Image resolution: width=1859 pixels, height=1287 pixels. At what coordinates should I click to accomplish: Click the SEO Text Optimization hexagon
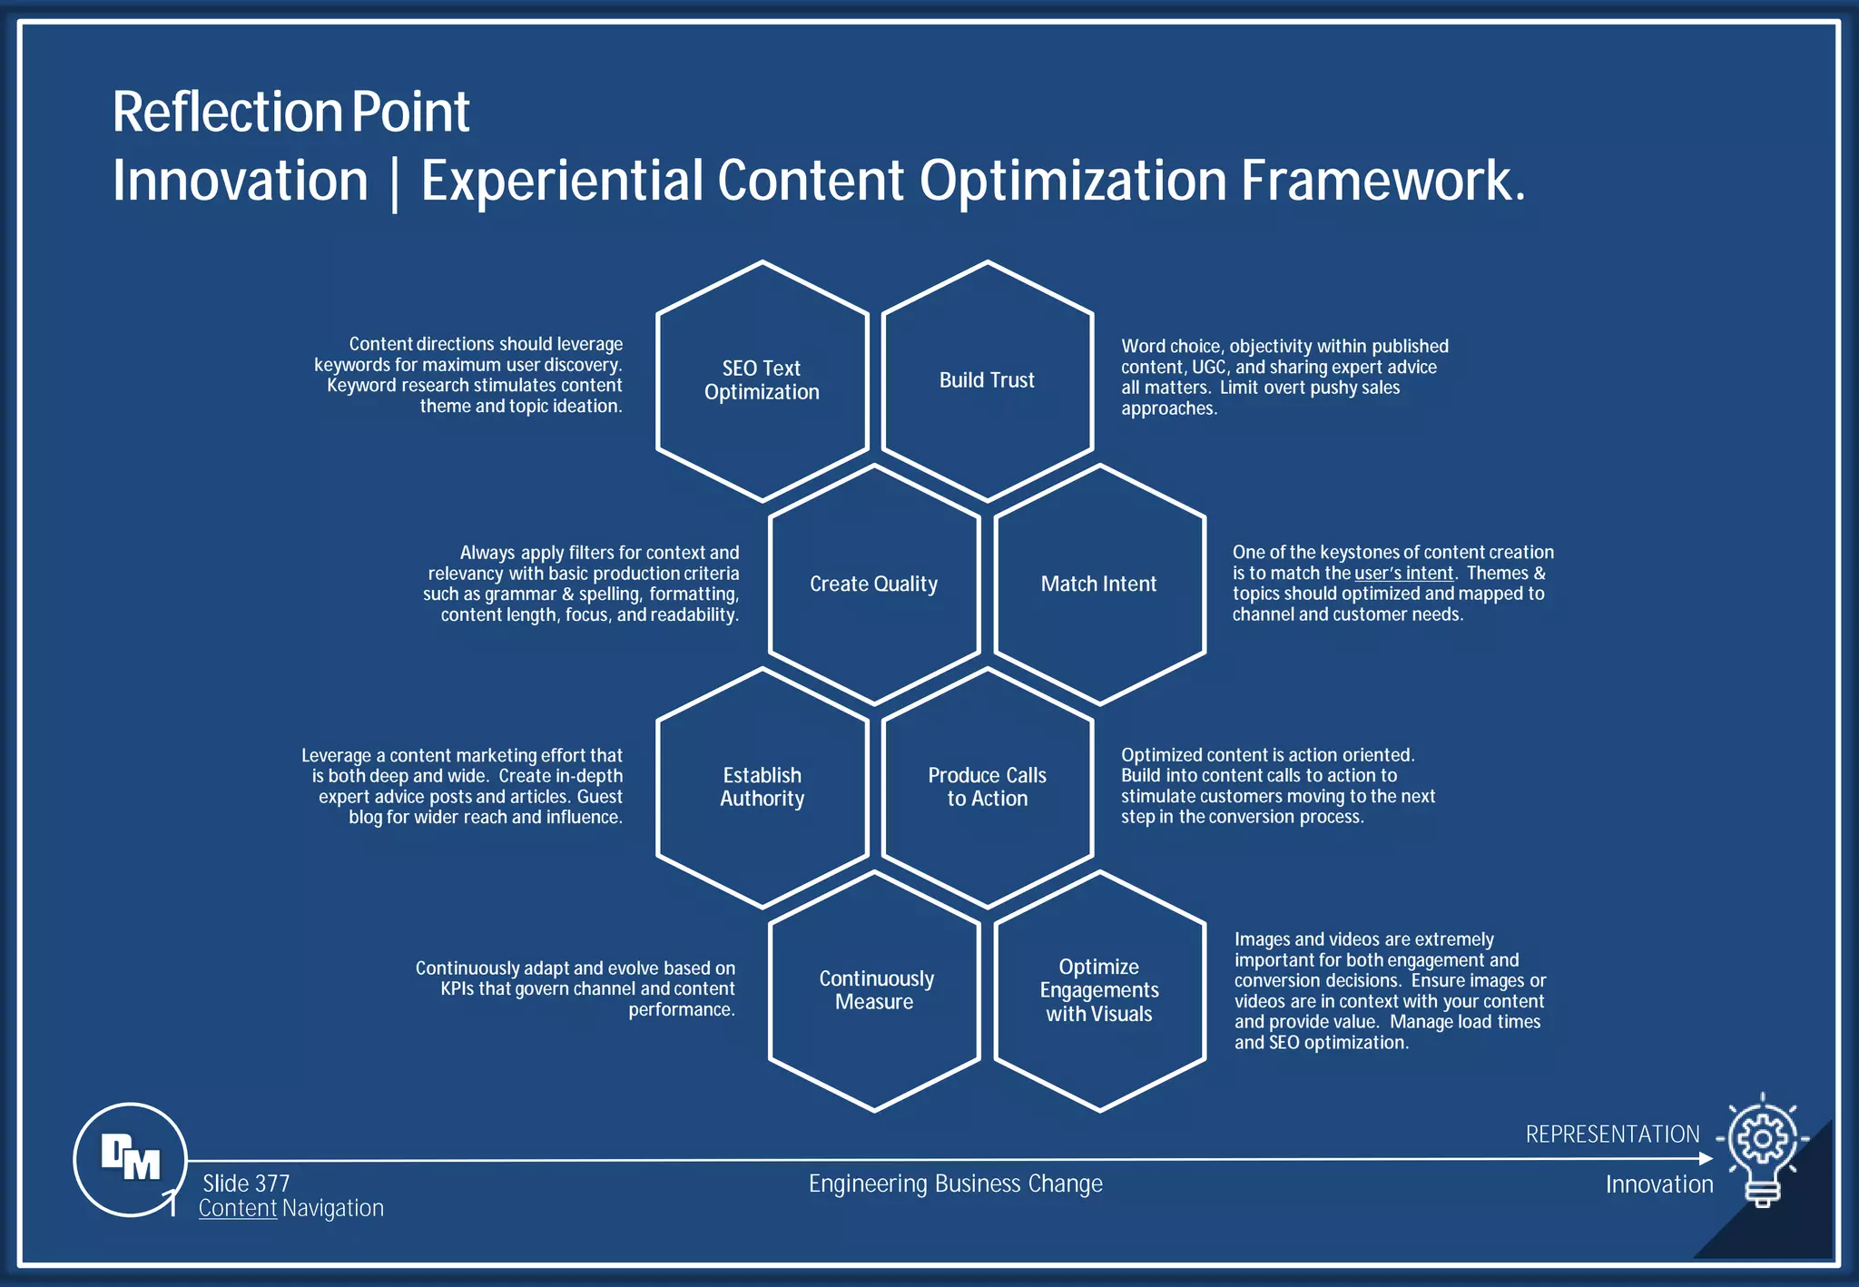(762, 381)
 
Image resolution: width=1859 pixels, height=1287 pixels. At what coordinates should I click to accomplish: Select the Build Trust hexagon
(987, 381)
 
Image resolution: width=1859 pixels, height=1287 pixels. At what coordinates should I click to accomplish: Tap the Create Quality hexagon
(873, 585)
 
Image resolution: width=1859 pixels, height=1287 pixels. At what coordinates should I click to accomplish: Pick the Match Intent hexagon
(1099, 585)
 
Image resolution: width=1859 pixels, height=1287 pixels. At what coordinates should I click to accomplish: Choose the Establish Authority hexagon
(762, 788)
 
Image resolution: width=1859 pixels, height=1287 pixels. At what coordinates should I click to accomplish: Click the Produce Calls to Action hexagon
(987, 788)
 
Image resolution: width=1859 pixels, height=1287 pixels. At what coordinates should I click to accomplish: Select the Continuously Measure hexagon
(874, 991)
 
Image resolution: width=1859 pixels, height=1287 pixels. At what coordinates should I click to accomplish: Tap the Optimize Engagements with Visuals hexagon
(1099, 991)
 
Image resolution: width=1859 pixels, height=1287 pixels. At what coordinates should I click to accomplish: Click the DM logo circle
(130, 1159)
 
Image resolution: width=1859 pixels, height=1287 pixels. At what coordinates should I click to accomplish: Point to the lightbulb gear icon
(1762, 1149)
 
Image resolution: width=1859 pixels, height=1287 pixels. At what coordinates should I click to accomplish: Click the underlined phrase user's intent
(1403, 574)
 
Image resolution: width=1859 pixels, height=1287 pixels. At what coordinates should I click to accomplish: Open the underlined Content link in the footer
(238, 1209)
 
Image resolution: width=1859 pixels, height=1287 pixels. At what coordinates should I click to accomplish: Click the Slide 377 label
(246, 1184)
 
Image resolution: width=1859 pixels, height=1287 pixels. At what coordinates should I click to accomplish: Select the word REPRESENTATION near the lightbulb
(1612, 1135)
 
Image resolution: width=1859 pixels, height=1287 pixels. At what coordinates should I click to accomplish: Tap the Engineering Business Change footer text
(955, 1184)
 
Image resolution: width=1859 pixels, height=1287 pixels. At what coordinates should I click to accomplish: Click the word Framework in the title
(1382, 181)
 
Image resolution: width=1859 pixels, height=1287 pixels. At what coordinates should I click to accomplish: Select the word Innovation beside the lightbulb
(1659, 1184)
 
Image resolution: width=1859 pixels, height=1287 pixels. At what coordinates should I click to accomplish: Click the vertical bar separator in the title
(394, 182)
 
